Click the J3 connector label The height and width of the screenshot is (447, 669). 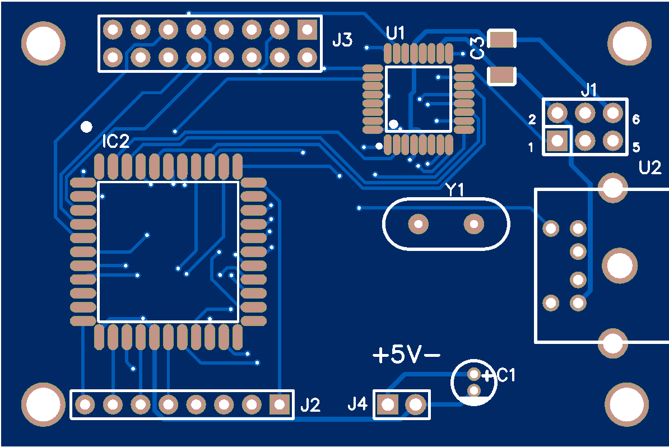(342, 40)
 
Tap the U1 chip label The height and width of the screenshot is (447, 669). (396, 34)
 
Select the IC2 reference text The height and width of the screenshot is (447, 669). (115, 142)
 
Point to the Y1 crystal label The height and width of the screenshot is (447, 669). (455, 190)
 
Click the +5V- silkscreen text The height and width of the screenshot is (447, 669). (406, 355)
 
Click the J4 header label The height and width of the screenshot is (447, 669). (358, 403)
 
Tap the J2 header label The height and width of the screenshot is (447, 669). (310, 404)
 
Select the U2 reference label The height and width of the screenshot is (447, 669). (650, 167)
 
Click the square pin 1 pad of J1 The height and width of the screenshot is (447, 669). (557, 140)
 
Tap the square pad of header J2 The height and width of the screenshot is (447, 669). (278, 403)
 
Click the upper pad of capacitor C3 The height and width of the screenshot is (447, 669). (502, 39)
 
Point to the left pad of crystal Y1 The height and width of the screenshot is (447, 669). (418, 224)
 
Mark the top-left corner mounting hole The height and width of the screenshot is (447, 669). (43, 43)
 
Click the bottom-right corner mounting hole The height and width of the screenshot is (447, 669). (626, 404)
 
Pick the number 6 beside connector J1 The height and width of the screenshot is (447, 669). (636, 119)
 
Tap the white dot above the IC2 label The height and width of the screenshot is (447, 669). (86, 127)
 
